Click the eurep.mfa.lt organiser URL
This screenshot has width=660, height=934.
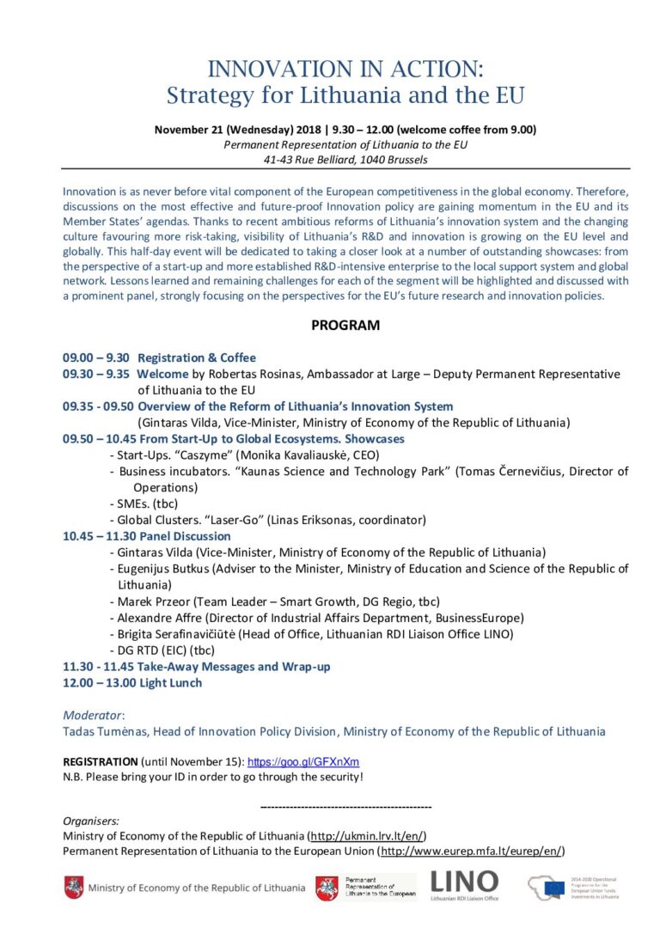pos(472,851)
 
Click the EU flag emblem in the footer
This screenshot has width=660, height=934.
pos(555,885)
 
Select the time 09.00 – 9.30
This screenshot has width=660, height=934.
pos(95,357)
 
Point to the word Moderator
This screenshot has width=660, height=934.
pos(93,715)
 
